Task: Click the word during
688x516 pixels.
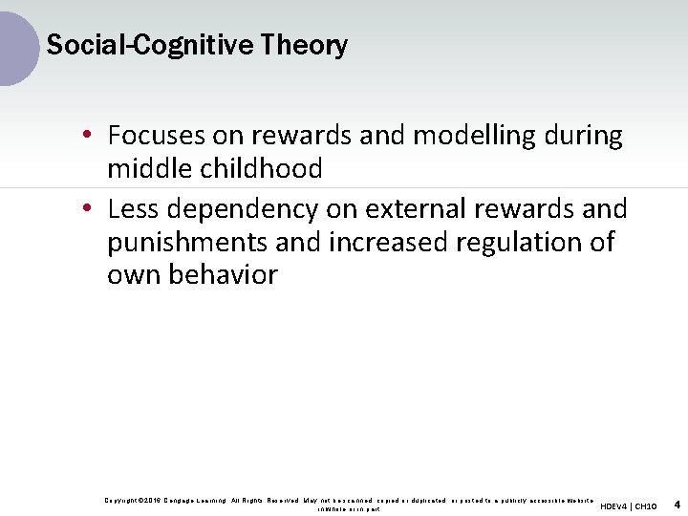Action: pyautogui.click(x=582, y=136)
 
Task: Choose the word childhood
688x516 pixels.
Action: pyautogui.click(x=262, y=169)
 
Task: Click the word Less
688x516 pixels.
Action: pyautogui.click(x=134, y=208)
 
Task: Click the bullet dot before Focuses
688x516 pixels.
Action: pyautogui.click(x=87, y=137)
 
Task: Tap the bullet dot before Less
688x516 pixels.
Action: pyautogui.click(x=87, y=209)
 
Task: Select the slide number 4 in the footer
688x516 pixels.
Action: pyautogui.click(x=677, y=504)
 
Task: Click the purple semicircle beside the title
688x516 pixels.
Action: pyautogui.click(x=17, y=45)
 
